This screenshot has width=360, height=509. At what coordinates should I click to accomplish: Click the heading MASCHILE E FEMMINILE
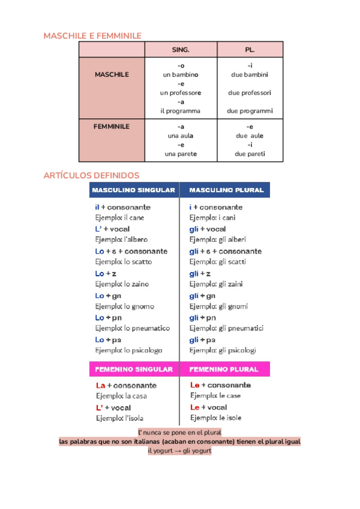point(92,36)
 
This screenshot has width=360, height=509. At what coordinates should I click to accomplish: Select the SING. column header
point(181,50)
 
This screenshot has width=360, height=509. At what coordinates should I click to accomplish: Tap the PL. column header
point(250,50)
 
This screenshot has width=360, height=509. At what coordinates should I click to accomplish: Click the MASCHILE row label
point(112,74)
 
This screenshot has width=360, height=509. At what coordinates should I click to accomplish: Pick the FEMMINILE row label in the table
point(112,127)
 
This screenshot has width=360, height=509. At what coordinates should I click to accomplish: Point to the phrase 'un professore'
point(181,93)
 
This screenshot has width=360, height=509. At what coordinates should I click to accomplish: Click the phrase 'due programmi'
point(250,111)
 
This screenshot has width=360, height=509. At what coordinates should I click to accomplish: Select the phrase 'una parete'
point(181,154)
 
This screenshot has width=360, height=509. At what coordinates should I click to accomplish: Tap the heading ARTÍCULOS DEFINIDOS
point(91,175)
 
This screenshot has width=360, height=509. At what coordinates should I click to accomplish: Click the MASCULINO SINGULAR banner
point(133,190)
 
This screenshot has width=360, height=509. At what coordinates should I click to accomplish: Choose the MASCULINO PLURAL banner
point(226,190)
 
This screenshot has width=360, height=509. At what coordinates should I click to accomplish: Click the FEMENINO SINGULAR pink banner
point(134,369)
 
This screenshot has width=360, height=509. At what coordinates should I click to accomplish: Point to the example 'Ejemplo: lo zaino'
point(122,284)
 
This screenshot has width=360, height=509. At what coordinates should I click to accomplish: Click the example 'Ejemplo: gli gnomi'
point(218,306)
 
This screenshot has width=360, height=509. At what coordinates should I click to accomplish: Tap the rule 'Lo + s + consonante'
point(131,251)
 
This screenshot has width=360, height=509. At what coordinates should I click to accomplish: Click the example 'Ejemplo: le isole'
point(216,417)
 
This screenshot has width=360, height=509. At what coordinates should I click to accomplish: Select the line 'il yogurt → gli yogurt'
point(179,451)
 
